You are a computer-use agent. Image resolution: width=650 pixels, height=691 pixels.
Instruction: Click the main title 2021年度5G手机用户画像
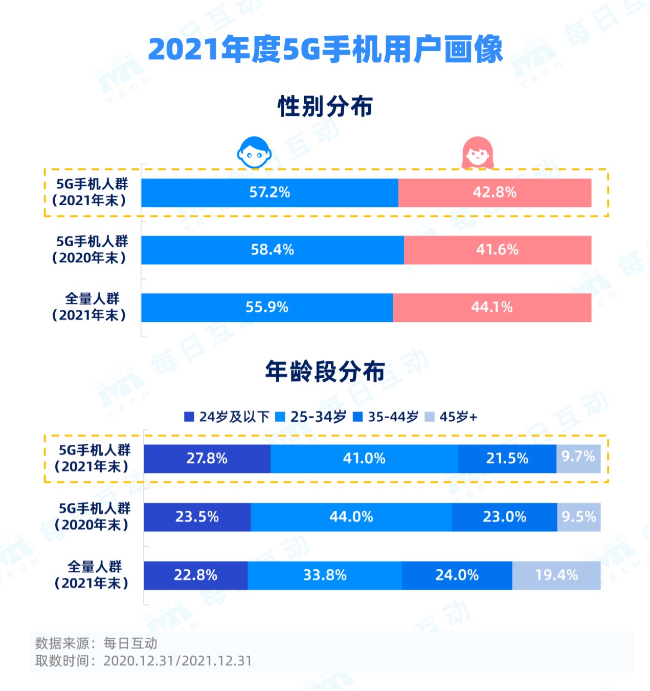point(325,50)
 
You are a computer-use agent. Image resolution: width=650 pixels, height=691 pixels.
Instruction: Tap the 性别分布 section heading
point(325,106)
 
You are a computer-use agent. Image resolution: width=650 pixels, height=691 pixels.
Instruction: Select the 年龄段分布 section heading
point(325,371)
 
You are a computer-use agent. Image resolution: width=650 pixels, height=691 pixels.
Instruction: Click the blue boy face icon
point(254,152)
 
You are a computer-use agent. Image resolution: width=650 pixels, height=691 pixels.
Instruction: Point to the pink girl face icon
point(478,153)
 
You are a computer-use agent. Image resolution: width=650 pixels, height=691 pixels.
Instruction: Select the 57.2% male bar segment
point(270,193)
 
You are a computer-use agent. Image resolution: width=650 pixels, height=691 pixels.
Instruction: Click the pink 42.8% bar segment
point(495,193)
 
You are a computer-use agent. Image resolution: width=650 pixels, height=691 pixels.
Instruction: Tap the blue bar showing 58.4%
point(272,250)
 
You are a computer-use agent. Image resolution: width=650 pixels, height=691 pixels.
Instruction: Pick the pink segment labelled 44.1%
point(492,308)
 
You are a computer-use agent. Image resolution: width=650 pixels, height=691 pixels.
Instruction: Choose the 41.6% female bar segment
point(497,250)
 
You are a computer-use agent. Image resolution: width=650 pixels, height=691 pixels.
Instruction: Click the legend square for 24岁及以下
point(189,417)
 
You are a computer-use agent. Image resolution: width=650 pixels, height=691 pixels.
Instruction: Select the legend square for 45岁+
point(430,417)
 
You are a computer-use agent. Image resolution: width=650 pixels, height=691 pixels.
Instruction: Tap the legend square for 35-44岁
point(358,417)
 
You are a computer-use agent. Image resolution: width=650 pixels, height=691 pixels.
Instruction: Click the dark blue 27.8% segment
point(207,459)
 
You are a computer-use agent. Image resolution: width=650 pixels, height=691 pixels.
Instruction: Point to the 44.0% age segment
point(351,517)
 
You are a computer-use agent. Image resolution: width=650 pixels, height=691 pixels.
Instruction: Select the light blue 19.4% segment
point(556,575)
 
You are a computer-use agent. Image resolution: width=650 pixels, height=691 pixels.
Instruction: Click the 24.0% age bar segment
point(457,575)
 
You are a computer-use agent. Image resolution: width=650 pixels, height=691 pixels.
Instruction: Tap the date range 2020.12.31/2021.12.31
point(177,661)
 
